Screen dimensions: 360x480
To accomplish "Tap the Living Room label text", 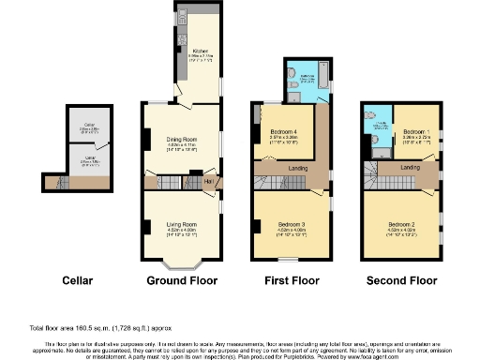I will (181, 224).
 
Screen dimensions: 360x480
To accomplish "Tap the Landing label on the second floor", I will (410, 167).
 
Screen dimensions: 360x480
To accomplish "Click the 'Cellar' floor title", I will (77, 280).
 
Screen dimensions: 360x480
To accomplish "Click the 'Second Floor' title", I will (400, 280).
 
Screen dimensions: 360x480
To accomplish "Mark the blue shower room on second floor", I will (380, 137).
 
